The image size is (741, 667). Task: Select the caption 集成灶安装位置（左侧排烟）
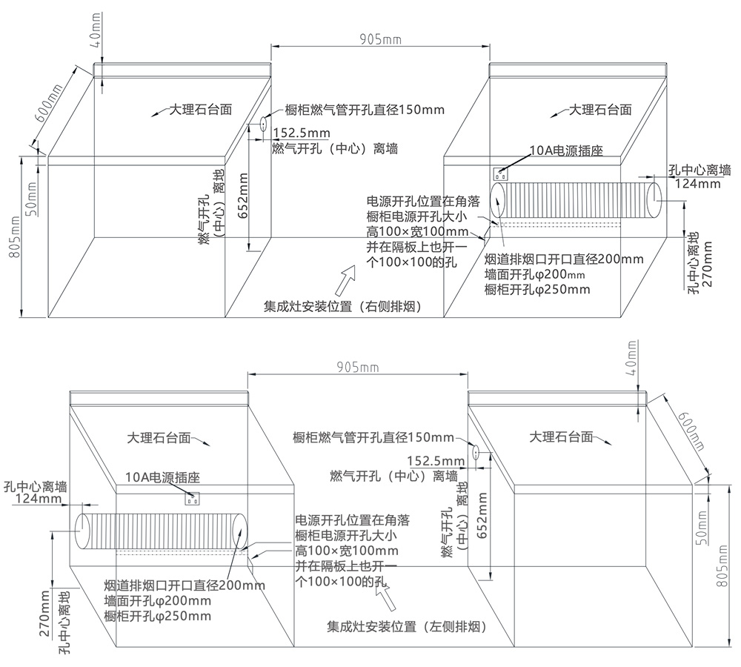click(407, 627)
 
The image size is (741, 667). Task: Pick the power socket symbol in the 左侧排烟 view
click(194, 498)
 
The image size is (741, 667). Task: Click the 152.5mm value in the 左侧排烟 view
click(436, 461)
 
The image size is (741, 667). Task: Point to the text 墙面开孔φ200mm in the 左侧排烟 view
click(158, 600)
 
